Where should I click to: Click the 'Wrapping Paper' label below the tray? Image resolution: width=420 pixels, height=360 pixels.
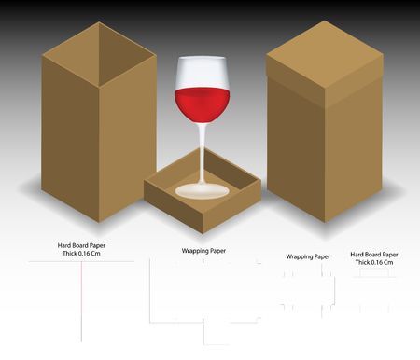(203, 251)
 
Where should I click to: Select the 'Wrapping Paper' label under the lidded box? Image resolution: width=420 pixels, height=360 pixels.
(308, 256)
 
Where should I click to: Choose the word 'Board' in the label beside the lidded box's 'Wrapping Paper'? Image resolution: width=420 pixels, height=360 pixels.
(372, 254)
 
